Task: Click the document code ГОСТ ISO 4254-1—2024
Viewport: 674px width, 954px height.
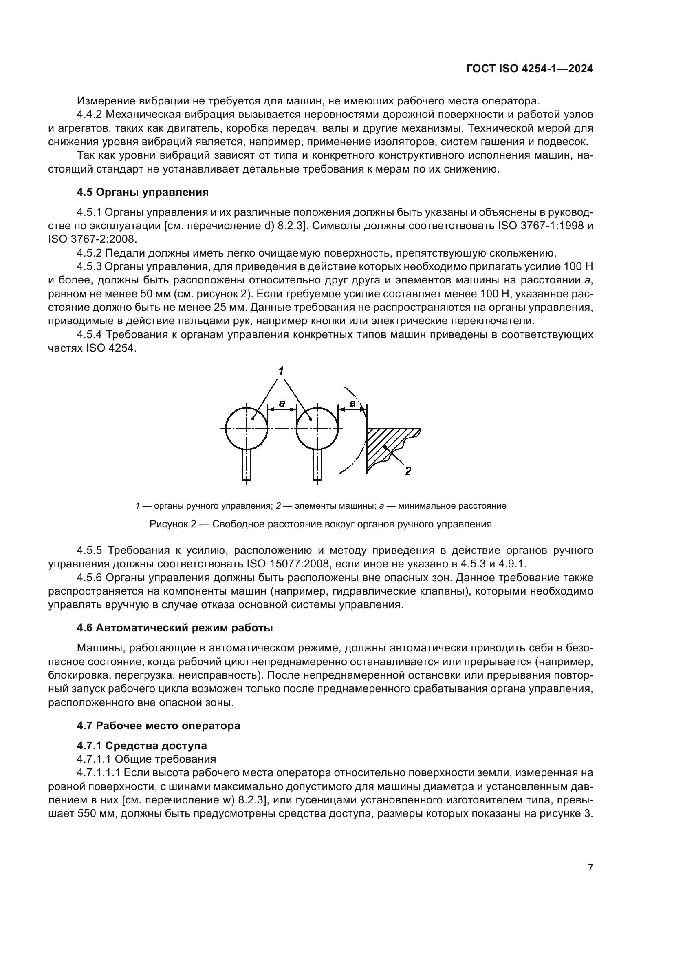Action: click(x=530, y=69)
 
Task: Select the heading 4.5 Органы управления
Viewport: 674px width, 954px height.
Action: click(x=143, y=192)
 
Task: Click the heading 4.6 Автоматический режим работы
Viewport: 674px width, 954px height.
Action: click(x=175, y=627)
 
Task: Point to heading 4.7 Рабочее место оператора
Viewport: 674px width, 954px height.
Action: click(x=159, y=726)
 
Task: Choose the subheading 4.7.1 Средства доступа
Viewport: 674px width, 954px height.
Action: click(x=142, y=745)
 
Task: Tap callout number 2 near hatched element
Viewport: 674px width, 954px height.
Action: click(x=408, y=471)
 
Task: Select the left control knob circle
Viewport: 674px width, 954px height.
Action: click(x=247, y=428)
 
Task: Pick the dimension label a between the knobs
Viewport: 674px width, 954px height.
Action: click(x=282, y=403)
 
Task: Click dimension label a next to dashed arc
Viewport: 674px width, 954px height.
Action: click(x=352, y=403)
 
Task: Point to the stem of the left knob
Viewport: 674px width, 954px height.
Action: click(x=247, y=465)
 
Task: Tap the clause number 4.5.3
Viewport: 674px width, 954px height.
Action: click(x=89, y=266)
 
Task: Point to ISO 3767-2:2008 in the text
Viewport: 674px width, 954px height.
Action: click(x=92, y=239)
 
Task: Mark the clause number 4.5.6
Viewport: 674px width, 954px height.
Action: click(x=89, y=578)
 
